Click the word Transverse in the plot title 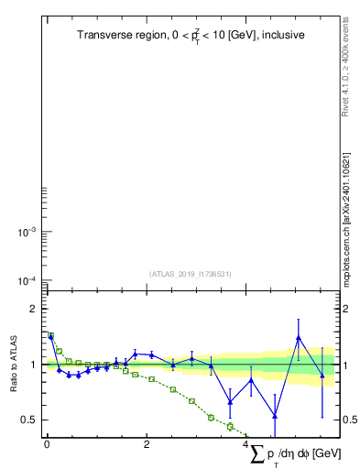[x=104, y=35]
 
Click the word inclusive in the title [x=280, y=35]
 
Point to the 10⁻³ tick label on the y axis [x=26, y=233]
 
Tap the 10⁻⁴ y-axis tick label [x=26, y=280]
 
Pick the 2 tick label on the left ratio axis [x=34, y=309]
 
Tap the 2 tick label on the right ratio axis [x=346, y=309]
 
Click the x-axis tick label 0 [x=47, y=446]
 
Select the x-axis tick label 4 [x=245, y=446]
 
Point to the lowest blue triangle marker [x=275, y=416]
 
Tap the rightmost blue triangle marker [x=322, y=375]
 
